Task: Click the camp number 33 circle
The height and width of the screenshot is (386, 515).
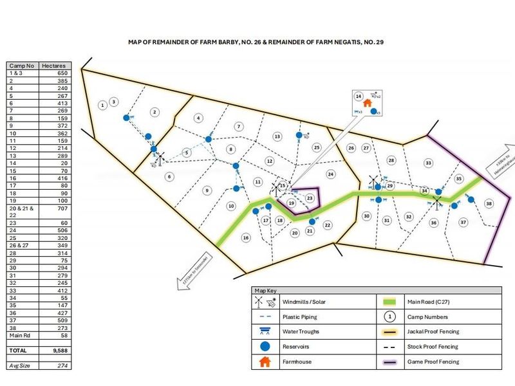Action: coord(428,163)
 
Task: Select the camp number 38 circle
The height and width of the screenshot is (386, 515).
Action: coord(489,203)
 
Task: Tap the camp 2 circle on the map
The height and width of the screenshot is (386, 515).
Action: coord(154,112)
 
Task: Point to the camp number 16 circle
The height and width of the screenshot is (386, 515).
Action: coord(246,237)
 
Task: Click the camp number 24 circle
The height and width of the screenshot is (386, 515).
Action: coord(331,174)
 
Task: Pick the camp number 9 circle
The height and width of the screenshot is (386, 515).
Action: coord(207,190)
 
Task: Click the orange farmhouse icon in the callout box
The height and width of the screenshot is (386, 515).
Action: coord(368,102)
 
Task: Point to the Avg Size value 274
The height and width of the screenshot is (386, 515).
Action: coord(55,365)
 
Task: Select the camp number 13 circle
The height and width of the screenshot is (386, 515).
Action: coord(277,136)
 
